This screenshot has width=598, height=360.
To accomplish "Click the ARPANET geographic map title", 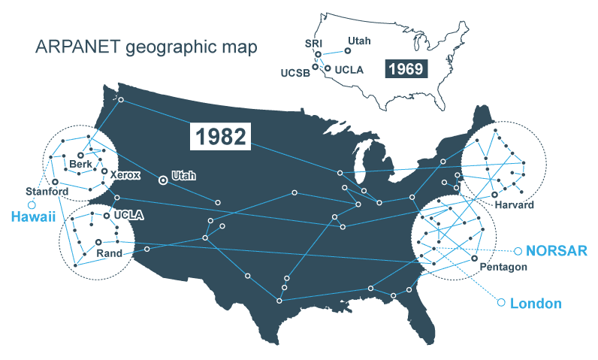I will pyautogui.click(x=146, y=47).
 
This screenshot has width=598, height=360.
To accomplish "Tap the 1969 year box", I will pyautogui.click(x=406, y=69).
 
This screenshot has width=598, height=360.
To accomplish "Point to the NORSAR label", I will pyautogui.click(x=554, y=250).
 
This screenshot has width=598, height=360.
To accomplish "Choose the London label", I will pyautogui.click(x=536, y=304).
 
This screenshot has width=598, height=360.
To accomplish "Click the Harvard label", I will pyautogui.click(x=514, y=204).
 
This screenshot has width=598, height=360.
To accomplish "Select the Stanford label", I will pyautogui.click(x=47, y=191).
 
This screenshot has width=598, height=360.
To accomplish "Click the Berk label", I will pyautogui.click(x=80, y=164).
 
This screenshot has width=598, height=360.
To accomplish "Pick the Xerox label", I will pyautogui.click(x=125, y=174).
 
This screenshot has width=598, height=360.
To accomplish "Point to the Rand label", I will pyautogui.click(x=109, y=253).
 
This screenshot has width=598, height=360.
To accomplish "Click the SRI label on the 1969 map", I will pyautogui.click(x=314, y=44).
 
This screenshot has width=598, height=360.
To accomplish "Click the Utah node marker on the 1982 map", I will pyautogui.click(x=162, y=180).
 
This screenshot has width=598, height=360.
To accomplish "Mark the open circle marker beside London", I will pyautogui.click(x=501, y=303).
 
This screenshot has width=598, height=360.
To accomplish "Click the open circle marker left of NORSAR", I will pyautogui.click(x=516, y=250).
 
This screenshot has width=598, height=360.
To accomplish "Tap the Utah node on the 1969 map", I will pyautogui.click(x=347, y=51).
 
